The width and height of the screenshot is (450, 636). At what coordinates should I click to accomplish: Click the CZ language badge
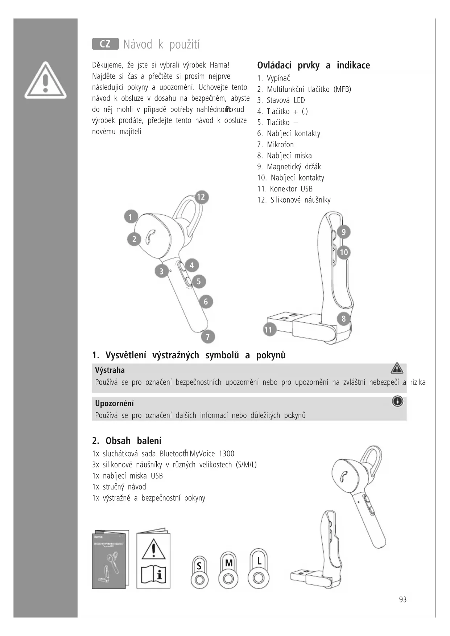105,44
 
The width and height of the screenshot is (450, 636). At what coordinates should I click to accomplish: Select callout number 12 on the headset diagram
201,197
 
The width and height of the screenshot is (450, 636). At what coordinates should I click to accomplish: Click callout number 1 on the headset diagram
131,217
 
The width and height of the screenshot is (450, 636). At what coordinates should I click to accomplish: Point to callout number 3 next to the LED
161,271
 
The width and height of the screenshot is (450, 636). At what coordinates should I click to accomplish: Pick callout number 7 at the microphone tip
208,337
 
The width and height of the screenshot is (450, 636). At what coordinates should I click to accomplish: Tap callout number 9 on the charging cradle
343,232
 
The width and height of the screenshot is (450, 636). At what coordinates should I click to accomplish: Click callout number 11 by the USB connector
268,330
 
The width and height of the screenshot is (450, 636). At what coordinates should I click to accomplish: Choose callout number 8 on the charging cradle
343,319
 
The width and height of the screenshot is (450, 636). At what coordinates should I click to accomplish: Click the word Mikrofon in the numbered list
280,145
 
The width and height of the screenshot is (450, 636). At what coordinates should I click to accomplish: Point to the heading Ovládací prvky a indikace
313,66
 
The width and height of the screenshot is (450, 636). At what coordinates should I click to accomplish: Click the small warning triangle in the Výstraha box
397,368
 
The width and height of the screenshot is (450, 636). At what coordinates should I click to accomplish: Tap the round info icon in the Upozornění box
397,401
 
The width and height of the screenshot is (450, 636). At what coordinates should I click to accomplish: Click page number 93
402,600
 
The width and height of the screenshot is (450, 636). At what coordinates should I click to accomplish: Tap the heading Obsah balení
127,441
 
